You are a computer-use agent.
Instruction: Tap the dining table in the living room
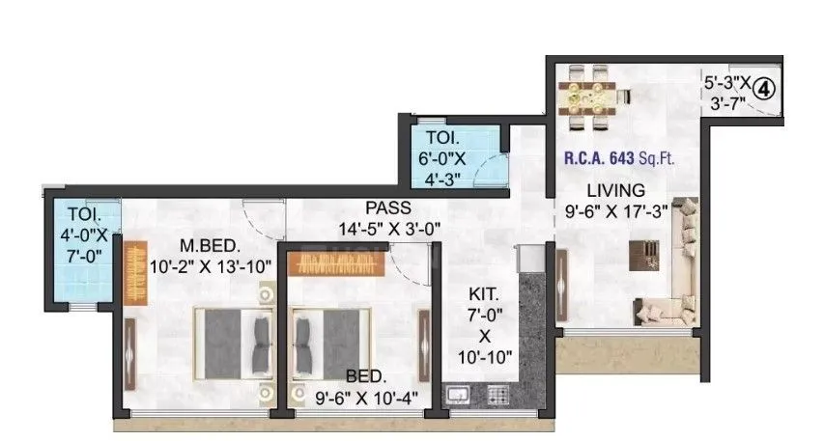pyautogui.click(x=587, y=95)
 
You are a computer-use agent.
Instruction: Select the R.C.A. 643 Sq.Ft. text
pyautogui.click(x=624, y=155)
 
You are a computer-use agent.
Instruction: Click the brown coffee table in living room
pyautogui.click(x=642, y=254)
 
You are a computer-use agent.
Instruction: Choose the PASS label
pyautogui.click(x=387, y=207)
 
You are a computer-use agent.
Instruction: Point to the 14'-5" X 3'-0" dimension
pyautogui.click(x=388, y=229)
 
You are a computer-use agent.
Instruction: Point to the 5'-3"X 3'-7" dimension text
pyautogui.click(x=724, y=95)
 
